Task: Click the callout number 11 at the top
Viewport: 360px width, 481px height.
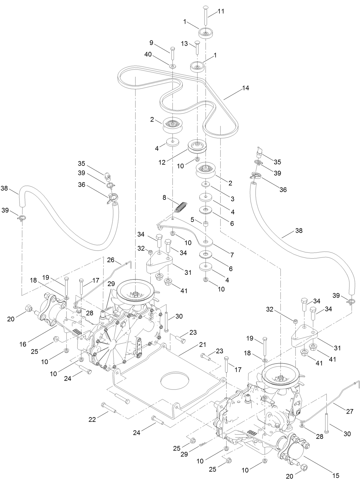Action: click(x=221, y=11)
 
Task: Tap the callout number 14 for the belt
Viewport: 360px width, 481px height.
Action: click(x=246, y=88)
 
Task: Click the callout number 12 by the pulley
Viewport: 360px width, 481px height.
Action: click(x=162, y=162)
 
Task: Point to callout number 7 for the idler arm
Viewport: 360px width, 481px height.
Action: click(x=232, y=255)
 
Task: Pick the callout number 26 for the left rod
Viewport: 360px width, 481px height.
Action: click(x=110, y=260)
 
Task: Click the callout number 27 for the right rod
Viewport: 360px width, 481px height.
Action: click(x=350, y=411)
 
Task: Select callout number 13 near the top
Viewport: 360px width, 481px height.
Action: click(x=184, y=44)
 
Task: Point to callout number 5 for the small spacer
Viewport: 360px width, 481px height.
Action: click(x=192, y=219)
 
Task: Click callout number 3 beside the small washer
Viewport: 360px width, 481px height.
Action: click(x=232, y=199)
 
